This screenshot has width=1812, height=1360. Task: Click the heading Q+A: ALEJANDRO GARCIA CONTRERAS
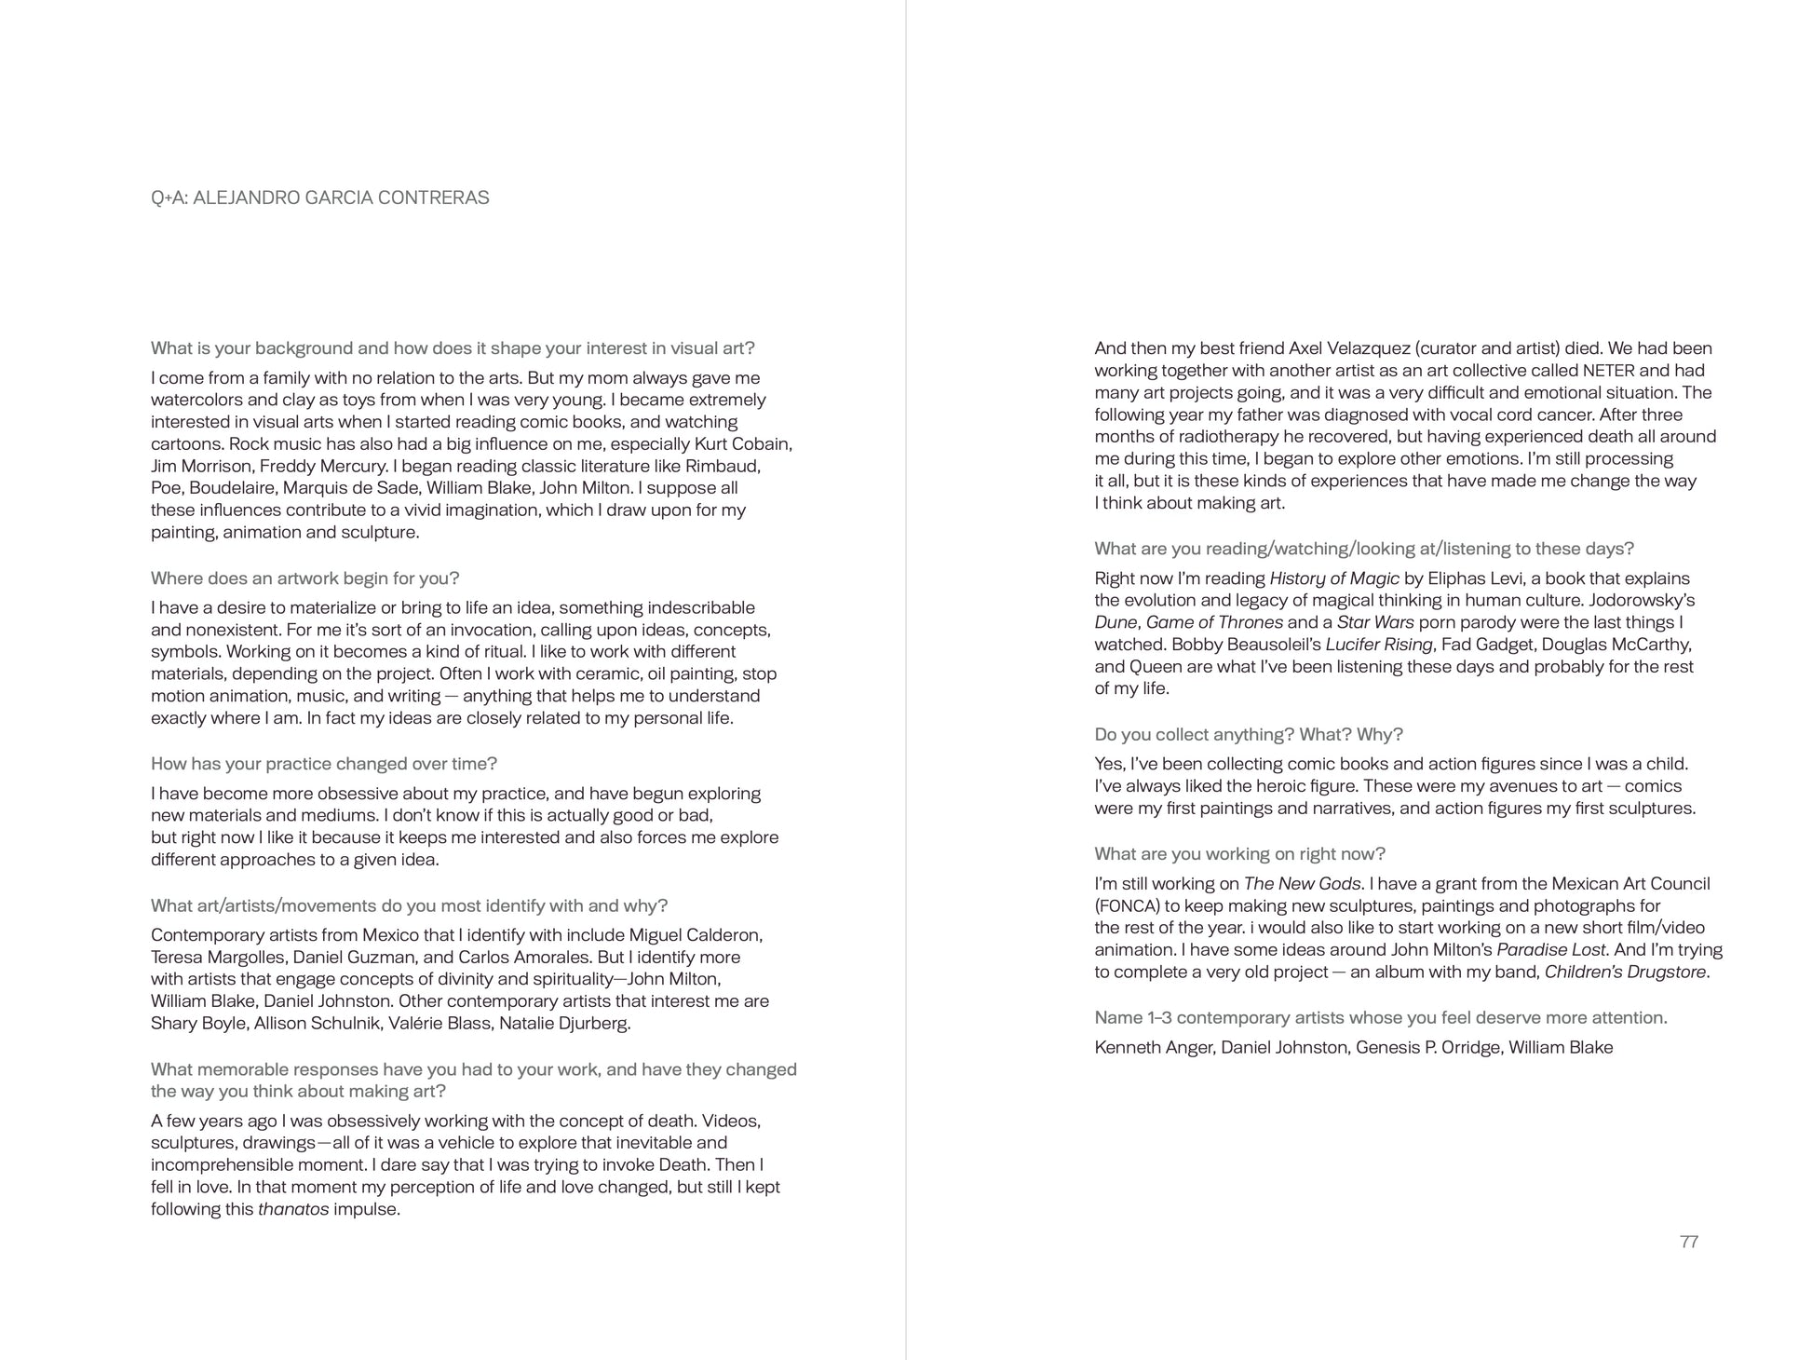(319, 197)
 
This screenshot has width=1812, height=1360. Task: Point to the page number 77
(1688, 1242)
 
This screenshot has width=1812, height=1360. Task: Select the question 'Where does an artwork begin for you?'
(305, 578)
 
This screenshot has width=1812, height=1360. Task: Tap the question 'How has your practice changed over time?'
(324, 764)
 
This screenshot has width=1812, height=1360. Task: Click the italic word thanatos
(293, 1210)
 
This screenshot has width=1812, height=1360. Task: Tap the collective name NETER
(1608, 371)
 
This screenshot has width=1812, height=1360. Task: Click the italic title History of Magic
(1333, 578)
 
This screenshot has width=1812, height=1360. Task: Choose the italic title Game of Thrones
(1214, 622)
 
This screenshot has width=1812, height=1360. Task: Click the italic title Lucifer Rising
(1378, 645)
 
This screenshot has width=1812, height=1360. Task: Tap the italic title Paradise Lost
(1551, 950)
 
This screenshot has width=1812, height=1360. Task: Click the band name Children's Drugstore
(1625, 972)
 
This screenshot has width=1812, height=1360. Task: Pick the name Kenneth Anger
(1155, 1048)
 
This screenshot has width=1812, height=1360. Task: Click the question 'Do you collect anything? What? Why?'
(1249, 735)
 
